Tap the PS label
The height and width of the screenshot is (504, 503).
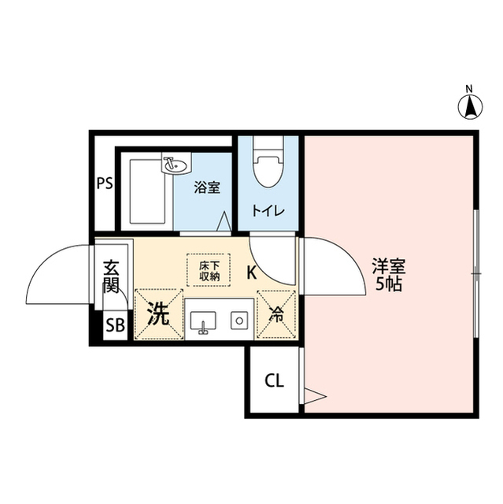pos(105,183)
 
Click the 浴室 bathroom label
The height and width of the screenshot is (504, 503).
pos(207,187)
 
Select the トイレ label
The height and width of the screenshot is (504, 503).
pos(268,210)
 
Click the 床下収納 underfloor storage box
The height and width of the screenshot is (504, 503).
pos(209,270)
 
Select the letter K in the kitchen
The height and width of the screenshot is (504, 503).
pos(251,273)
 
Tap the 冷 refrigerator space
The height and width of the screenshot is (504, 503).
pos(277,314)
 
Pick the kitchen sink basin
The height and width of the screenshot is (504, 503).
pos(205,321)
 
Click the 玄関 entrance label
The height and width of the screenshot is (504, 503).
pos(111,275)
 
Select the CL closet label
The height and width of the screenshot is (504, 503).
pos(273,383)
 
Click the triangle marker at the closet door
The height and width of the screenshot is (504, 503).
pos(314,395)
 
